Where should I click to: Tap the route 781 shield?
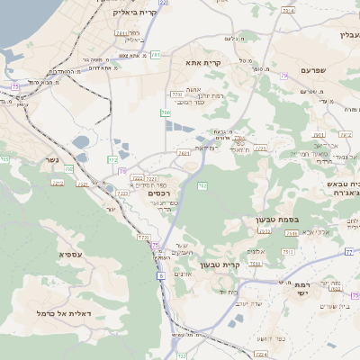(x=156, y=55)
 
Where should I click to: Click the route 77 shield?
(x=348, y=252)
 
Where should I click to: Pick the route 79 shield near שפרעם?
(x=284, y=76)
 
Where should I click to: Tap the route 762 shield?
(x=202, y=186)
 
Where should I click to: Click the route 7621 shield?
(x=184, y=154)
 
